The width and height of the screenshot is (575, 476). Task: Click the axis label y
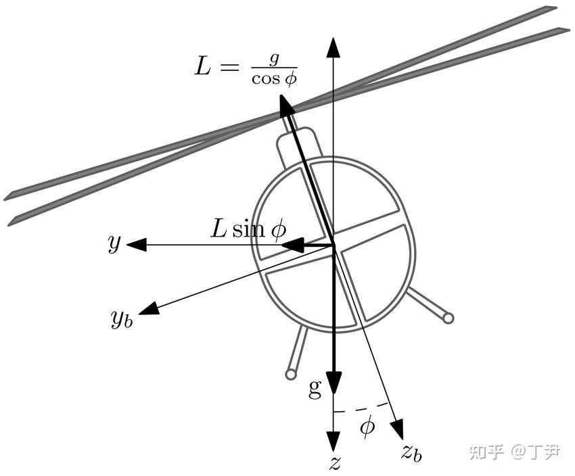[114, 243]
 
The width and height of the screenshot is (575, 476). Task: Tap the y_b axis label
[122, 317]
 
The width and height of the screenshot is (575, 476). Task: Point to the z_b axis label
[411, 452]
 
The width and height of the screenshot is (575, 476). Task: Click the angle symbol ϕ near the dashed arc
[367, 427]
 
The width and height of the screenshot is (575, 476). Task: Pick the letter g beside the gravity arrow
[315, 387]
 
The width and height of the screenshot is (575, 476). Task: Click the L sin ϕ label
[248, 229]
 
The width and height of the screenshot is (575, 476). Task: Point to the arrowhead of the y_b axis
[149, 308]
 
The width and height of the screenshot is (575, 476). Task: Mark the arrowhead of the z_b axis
[397, 429]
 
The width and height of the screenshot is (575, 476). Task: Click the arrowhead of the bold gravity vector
[333, 382]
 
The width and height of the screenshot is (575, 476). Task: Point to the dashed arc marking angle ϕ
[363, 408]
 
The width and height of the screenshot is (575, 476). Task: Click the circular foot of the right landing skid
[448, 317]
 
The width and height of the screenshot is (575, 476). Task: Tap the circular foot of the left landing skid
[291, 374]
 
